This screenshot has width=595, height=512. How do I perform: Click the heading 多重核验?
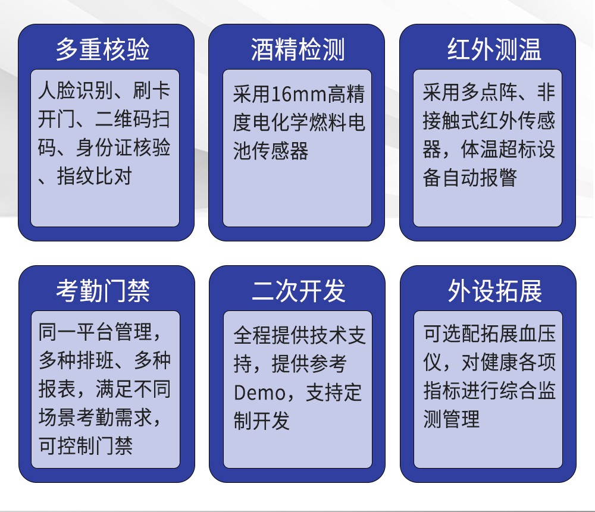coord(102,49)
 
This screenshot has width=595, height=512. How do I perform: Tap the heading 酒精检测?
coord(297,49)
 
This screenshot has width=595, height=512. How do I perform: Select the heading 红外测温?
coord(494,49)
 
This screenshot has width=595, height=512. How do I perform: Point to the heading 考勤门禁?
coord(103,291)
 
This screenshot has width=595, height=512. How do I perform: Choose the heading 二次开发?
coord(299,291)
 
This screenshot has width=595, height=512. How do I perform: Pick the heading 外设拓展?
coord(495,291)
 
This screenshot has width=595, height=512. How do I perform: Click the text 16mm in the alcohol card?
coord(299,95)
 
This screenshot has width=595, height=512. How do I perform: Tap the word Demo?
coord(259,393)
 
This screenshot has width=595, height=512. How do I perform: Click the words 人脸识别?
coord(76,90)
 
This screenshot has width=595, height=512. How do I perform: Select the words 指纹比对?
coord(95,176)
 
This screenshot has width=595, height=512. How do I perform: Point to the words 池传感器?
coord(271,151)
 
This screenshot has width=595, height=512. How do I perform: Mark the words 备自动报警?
coord(470,177)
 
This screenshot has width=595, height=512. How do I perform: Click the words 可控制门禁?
coord(86,445)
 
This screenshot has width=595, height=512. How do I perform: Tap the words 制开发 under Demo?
coord(261,420)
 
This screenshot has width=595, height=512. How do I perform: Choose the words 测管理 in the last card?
coord(451,419)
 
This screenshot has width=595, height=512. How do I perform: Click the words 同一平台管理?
coord(95,332)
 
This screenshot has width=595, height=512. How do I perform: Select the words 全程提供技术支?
coord(300,335)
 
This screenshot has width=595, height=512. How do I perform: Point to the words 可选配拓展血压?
coord(490,334)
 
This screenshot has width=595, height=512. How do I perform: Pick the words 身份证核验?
coord(123,147)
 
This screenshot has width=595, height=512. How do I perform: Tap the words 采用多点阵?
coord(470,92)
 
